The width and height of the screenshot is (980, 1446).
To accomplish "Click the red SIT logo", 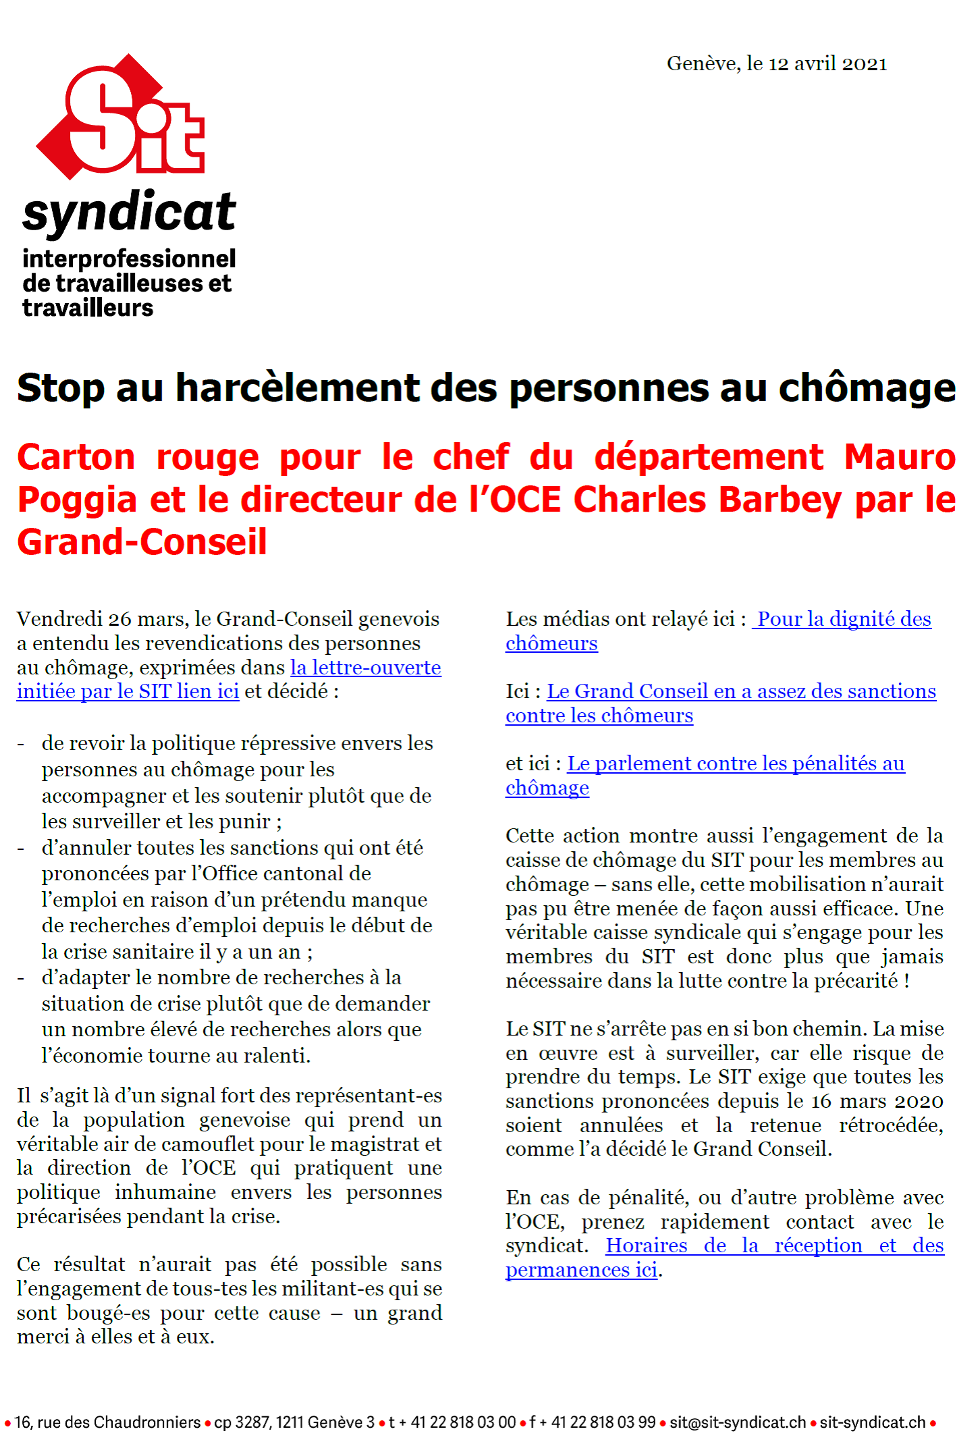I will coord(121,118).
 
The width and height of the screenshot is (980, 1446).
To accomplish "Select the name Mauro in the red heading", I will coord(899,458).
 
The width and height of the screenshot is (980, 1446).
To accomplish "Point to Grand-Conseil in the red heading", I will coord(142,543).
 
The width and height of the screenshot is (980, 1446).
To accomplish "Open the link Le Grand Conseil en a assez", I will coord(741,691).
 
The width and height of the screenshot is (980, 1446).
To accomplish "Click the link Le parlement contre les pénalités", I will coord(736,764).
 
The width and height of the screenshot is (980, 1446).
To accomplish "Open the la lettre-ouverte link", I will coord(366,668).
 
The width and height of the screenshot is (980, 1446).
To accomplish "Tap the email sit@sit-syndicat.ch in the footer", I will coord(738,1422).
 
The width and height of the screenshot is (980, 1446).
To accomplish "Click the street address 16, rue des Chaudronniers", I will coord(107,1422).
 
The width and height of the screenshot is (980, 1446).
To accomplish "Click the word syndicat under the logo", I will coord(129,213).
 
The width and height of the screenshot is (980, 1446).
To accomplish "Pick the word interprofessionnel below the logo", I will coord(129,259).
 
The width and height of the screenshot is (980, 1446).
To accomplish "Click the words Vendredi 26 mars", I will coord(102,619).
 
